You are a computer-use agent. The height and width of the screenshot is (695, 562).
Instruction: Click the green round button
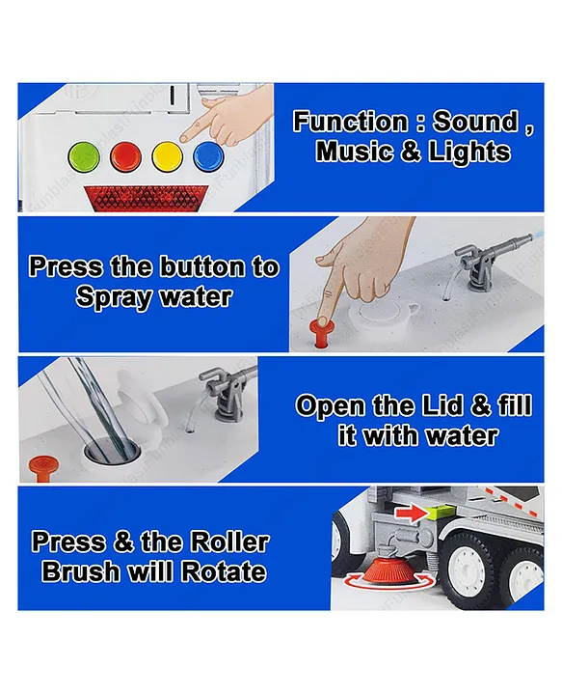point(84,156)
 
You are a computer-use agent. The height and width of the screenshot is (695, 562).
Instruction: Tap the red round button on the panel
point(125,156)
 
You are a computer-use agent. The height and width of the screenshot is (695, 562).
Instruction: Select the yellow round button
point(167,156)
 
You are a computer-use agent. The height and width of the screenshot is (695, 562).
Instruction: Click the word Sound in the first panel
point(475,121)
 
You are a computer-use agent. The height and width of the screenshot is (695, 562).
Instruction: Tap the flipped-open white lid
point(141,401)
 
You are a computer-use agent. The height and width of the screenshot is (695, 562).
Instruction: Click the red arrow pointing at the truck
point(411,514)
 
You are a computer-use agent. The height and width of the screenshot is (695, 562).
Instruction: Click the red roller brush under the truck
point(389,572)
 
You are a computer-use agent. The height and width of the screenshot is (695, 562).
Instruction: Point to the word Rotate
point(224,572)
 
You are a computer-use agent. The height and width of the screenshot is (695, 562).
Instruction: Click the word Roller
point(228,542)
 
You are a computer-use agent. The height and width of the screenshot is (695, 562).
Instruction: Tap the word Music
point(355,152)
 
